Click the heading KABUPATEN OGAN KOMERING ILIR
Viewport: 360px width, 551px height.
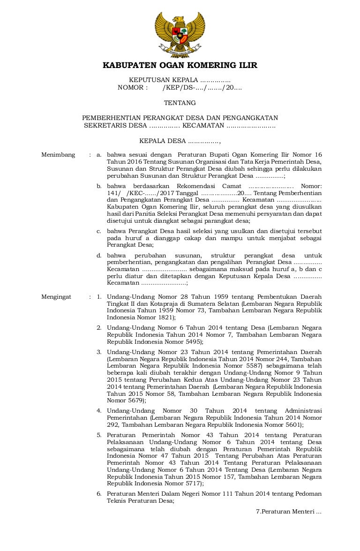click(180, 65)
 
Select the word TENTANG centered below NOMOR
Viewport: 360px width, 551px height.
click(180, 103)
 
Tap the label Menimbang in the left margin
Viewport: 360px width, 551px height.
click(58, 154)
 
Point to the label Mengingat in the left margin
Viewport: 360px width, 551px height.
click(56, 297)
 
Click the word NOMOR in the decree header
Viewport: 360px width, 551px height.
click(133, 87)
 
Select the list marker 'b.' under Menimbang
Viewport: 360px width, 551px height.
click(99, 186)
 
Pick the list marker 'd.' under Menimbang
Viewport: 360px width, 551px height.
click(99, 255)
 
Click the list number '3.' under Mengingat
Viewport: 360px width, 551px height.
click(99, 352)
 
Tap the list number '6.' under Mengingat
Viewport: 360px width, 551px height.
click(99, 494)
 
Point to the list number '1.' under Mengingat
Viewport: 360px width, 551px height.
click(99, 297)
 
